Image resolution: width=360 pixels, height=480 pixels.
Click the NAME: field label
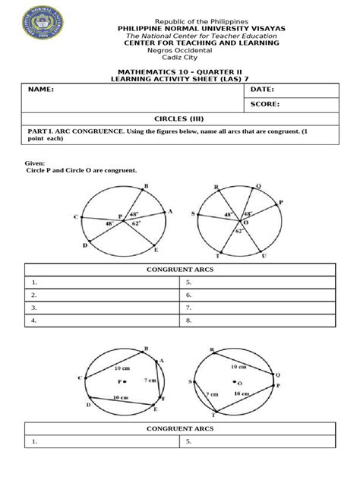[x=42, y=90]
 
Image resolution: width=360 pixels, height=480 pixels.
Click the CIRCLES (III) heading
[x=180, y=119]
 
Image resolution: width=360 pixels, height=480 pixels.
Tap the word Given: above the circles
[x=36, y=163]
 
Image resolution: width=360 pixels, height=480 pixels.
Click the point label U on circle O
[x=264, y=256]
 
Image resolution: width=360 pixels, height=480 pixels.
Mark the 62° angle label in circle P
[x=135, y=225]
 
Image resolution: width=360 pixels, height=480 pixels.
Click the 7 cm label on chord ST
[x=212, y=395]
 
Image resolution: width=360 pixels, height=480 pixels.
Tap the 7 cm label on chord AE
[x=148, y=380]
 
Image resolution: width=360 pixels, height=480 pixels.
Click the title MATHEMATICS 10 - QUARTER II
[x=180, y=71]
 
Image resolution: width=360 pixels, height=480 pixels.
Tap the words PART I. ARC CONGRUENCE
[x=79, y=131]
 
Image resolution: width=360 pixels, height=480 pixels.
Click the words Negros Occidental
[x=180, y=51]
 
